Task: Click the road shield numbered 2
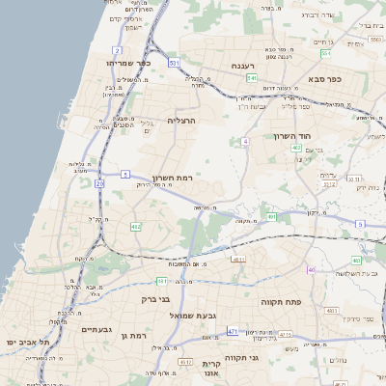tap(117, 49)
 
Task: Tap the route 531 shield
tap(174, 63)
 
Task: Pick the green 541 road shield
tap(251, 78)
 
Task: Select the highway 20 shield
tap(99, 183)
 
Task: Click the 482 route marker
tap(135, 227)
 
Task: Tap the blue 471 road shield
tap(233, 331)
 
